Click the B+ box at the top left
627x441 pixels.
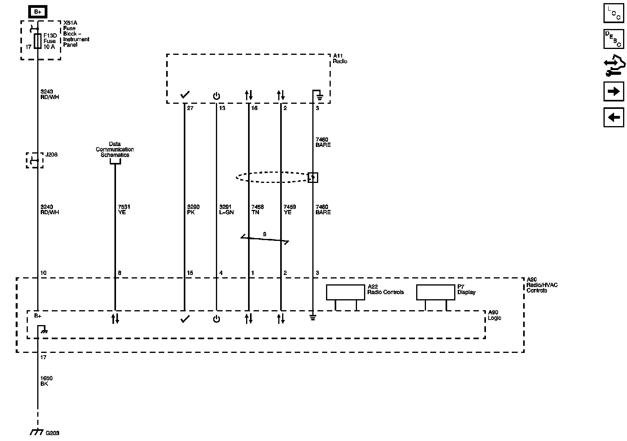(38, 12)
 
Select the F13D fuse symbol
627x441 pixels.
(38, 41)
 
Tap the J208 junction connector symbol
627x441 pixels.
(35, 160)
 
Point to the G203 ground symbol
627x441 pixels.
(37, 432)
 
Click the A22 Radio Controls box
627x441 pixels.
(345, 292)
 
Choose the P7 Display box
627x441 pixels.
(435, 292)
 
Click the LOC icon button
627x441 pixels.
(613, 13)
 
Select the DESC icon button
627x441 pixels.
(613, 39)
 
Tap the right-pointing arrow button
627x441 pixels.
(613, 92)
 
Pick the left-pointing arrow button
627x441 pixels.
(613, 117)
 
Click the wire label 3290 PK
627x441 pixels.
(193, 210)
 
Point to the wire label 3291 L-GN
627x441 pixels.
(227, 210)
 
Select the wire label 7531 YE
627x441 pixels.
(124, 210)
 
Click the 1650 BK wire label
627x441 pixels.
(46, 381)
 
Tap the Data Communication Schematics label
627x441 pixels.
(115, 150)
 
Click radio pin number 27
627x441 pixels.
(190, 108)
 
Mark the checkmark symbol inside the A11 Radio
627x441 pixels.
(185, 95)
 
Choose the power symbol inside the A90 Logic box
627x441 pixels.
(216, 319)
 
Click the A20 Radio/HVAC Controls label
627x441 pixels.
(542, 285)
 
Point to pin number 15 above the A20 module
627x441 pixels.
(190, 273)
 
